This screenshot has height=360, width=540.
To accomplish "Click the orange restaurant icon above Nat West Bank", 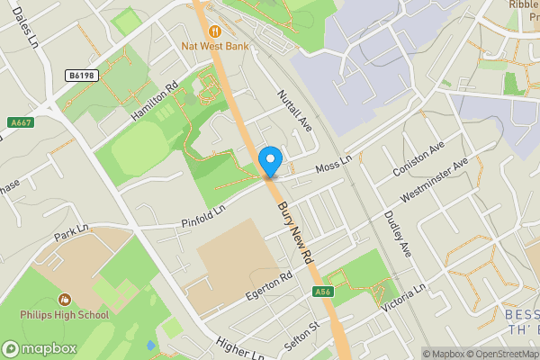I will [x=213, y=26].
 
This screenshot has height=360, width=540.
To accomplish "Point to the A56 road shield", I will [x=325, y=292].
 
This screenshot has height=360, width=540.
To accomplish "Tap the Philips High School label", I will [x=65, y=315].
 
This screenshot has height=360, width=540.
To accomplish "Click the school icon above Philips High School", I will [x=64, y=299].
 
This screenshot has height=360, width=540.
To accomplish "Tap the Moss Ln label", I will [x=331, y=169].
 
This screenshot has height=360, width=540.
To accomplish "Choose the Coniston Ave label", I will [x=418, y=158].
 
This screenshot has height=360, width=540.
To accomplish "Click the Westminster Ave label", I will [x=436, y=181].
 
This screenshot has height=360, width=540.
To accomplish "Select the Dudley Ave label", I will [x=397, y=232].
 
